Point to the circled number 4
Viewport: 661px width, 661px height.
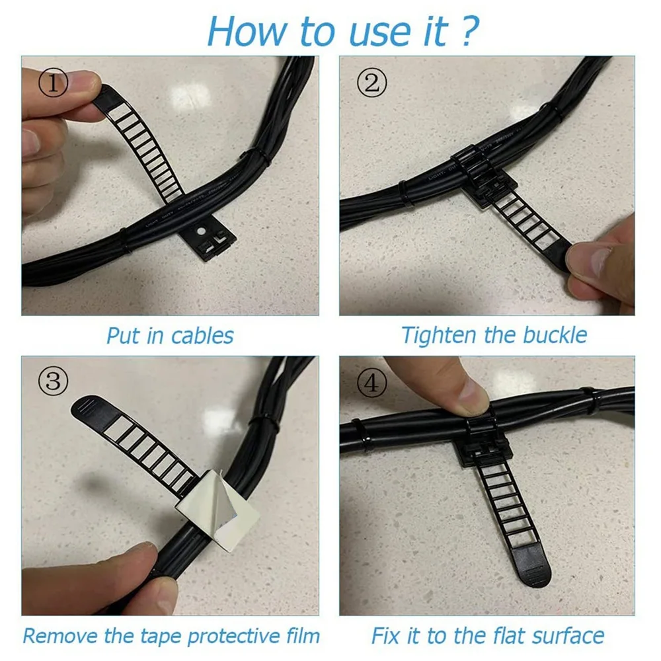(370, 381)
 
